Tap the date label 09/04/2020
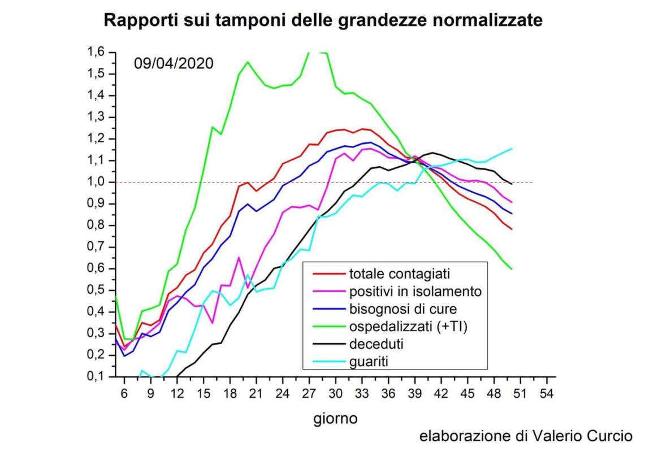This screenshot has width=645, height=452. [x=174, y=63]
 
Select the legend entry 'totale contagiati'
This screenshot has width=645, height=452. [x=399, y=274]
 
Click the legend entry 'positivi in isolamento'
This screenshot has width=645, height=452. [x=415, y=292]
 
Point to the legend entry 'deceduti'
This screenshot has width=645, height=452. [x=376, y=343]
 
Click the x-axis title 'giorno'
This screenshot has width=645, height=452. [x=335, y=419]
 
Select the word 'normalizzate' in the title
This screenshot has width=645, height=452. [x=487, y=21]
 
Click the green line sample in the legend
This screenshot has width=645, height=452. [x=328, y=326]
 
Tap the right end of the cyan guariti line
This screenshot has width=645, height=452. [x=512, y=149]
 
